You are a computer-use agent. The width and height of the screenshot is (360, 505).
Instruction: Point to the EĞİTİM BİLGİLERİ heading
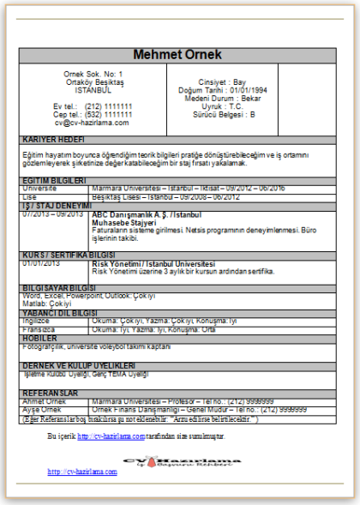click(x=54, y=181)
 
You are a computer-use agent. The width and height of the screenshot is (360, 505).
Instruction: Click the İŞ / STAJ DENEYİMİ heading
click(x=56, y=206)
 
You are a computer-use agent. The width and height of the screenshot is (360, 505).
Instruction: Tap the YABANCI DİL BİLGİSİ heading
click(x=60, y=313)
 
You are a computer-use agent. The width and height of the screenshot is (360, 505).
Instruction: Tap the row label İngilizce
click(x=37, y=320)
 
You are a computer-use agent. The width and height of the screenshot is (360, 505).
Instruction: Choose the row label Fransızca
click(x=38, y=328)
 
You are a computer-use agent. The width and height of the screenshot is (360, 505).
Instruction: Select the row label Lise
click(x=30, y=195)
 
